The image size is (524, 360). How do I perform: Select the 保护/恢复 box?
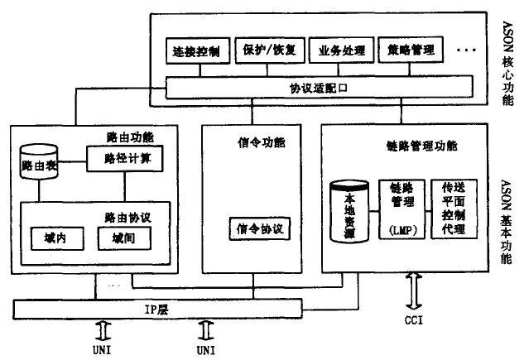[265, 50]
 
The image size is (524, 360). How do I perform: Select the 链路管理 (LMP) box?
[401, 209]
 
